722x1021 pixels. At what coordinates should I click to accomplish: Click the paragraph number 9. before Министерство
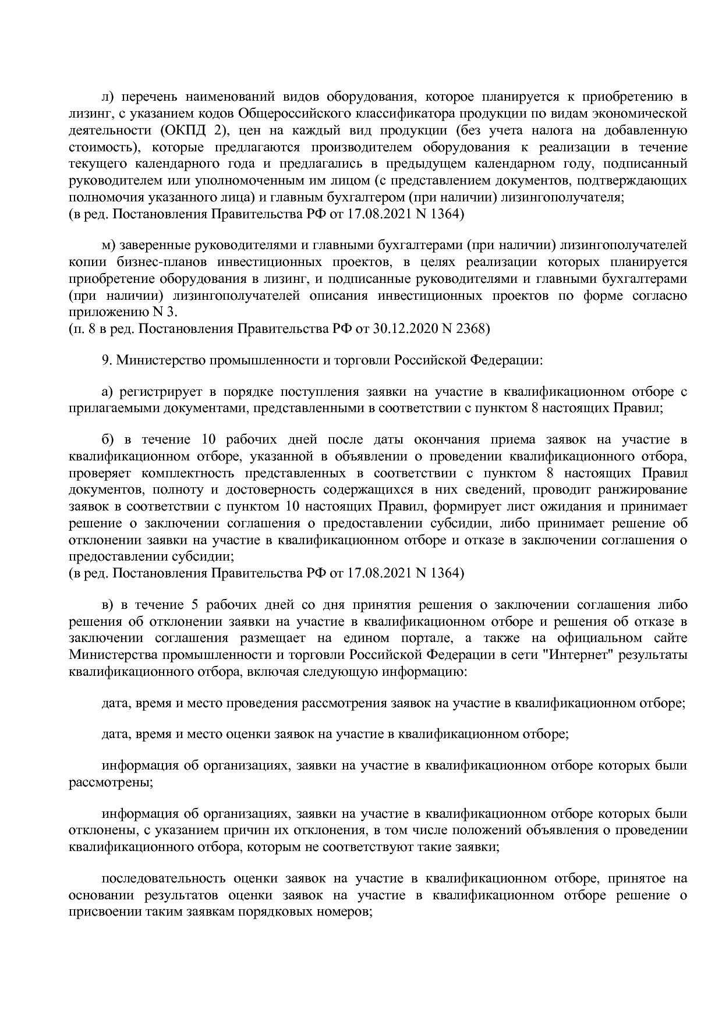tap(107, 360)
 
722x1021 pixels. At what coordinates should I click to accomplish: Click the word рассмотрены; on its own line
tap(111, 782)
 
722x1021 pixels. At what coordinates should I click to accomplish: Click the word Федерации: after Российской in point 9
tap(506, 360)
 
